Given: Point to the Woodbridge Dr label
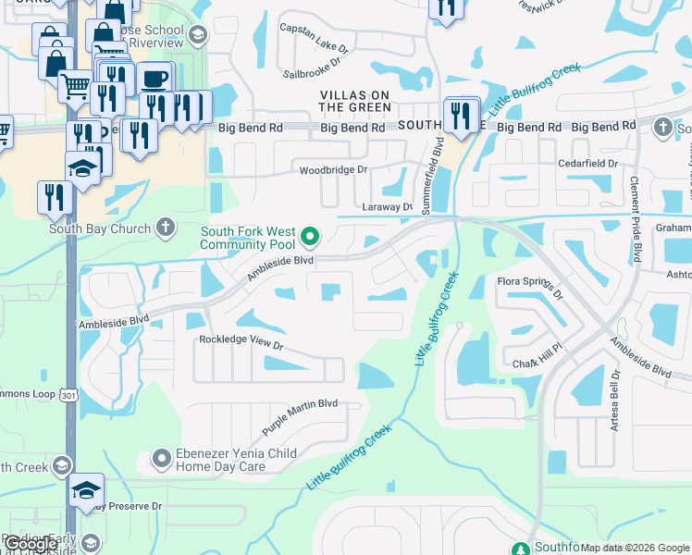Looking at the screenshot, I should click(333, 170).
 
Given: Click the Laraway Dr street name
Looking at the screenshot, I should click(387, 208).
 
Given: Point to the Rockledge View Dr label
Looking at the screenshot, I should click(241, 340).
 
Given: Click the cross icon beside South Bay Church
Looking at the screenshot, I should click(165, 227).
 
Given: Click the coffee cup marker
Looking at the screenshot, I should click(154, 79).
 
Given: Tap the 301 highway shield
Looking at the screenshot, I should click(68, 395).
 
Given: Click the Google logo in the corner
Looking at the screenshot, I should click(30, 545).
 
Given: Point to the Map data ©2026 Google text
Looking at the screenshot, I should click(636, 549).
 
